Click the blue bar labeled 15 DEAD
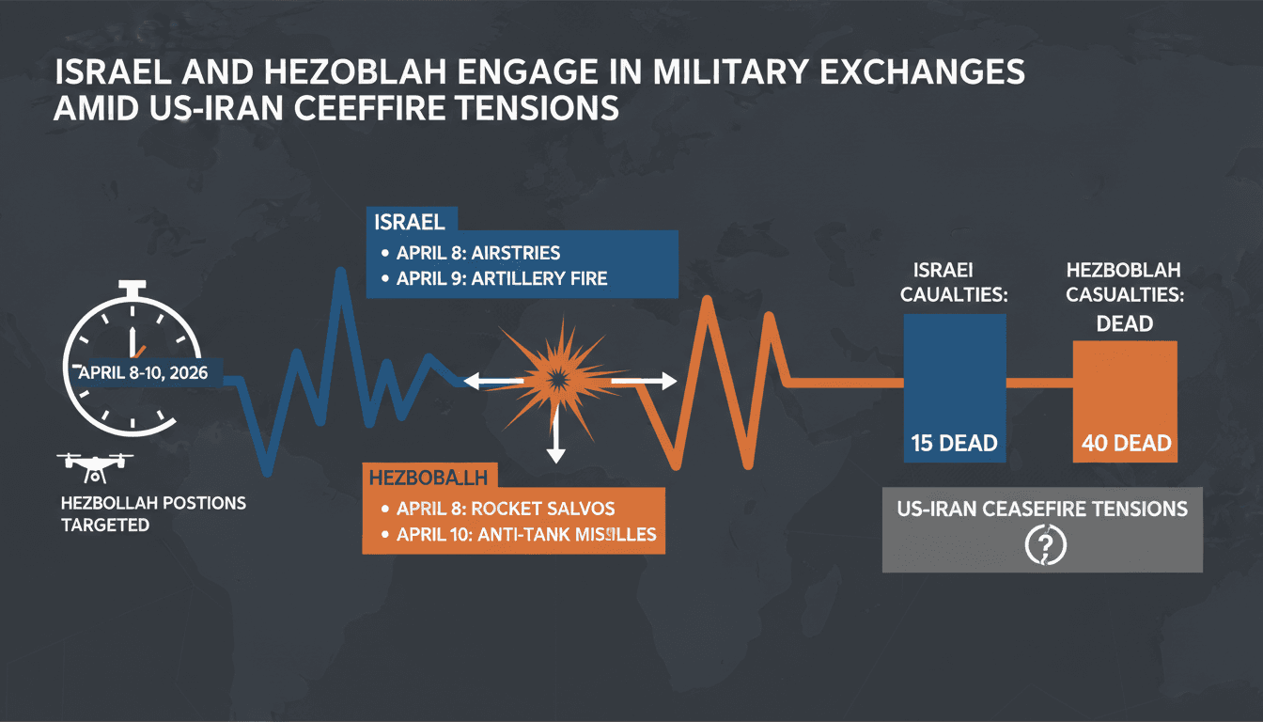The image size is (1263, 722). (x=955, y=387)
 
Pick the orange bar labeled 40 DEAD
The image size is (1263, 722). (x=1124, y=401)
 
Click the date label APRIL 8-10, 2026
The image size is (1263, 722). (x=144, y=372)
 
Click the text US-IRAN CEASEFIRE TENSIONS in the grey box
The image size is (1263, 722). (x=1042, y=509)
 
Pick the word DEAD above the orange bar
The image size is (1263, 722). (x=1124, y=322)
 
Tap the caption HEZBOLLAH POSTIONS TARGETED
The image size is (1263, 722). (x=153, y=513)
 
